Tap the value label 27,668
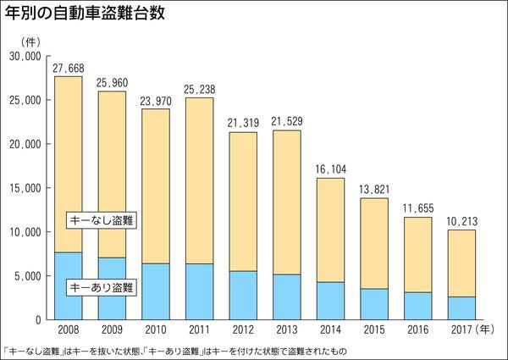point(69,68)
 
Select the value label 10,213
point(462,221)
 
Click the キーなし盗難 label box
point(102,220)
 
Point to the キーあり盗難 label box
point(102,288)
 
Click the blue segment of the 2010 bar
point(156,291)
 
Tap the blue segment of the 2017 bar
point(462,308)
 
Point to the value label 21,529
point(287,121)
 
